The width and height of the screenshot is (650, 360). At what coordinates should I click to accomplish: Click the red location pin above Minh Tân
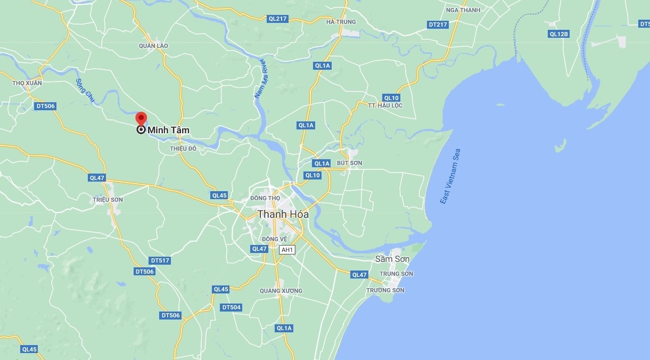141,118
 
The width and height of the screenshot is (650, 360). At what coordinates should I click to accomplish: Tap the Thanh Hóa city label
283,214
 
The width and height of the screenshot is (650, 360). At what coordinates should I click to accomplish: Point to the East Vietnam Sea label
450,176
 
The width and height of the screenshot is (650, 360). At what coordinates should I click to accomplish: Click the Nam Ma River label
260,80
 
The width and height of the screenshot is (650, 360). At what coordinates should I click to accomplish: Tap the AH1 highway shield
287,250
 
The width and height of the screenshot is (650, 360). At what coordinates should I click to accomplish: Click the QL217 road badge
277,19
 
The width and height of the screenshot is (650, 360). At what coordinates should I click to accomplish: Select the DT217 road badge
438,24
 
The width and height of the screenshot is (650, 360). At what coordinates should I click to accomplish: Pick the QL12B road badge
559,34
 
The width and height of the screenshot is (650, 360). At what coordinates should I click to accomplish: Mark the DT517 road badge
160,260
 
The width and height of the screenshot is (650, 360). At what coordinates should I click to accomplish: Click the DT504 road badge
231,307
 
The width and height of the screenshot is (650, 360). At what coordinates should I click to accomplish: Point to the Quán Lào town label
153,46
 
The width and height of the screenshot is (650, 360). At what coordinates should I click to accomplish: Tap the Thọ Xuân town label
27,83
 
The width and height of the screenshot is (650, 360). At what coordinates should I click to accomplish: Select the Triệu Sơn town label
108,200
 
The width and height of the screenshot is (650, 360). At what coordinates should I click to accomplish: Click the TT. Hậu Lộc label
385,105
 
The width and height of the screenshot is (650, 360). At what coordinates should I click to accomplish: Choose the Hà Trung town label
341,22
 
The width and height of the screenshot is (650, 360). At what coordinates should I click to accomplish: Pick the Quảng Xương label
281,291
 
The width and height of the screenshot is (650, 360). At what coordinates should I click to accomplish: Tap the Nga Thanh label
463,10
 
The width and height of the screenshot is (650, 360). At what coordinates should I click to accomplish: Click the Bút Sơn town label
350,163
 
